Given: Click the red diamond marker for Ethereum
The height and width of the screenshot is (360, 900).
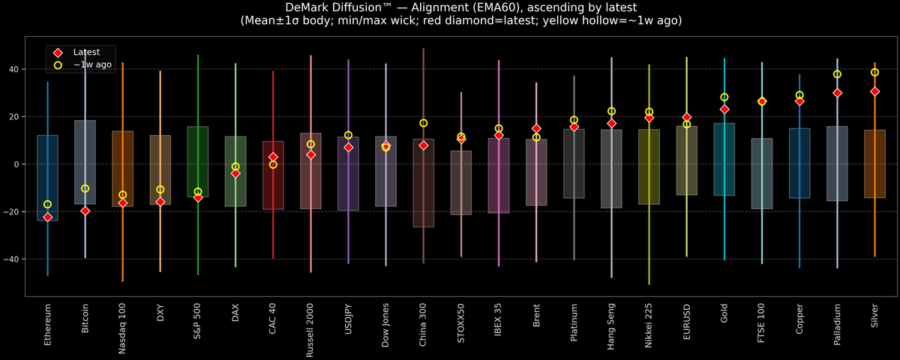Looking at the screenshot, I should (48, 217).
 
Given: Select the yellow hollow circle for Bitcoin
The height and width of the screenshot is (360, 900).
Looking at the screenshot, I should (85, 189).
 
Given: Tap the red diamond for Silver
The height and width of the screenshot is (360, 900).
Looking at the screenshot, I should (874, 91).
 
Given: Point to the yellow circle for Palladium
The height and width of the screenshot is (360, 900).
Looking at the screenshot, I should (837, 74).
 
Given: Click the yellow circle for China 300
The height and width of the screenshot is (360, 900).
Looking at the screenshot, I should (424, 123).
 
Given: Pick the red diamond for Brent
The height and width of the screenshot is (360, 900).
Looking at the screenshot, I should (536, 129).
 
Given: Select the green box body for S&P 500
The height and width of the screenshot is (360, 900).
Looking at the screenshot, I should (198, 161).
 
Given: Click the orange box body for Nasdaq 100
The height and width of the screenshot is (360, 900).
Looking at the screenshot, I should (123, 169).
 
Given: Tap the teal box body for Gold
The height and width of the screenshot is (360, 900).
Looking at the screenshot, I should (724, 159).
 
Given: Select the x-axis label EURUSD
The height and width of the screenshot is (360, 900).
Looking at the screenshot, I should (687, 322).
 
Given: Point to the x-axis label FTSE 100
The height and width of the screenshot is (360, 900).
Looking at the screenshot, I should (762, 323).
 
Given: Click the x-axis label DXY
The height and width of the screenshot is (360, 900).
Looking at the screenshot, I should (160, 313).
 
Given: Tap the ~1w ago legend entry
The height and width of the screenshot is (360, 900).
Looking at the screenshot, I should (89, 66).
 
